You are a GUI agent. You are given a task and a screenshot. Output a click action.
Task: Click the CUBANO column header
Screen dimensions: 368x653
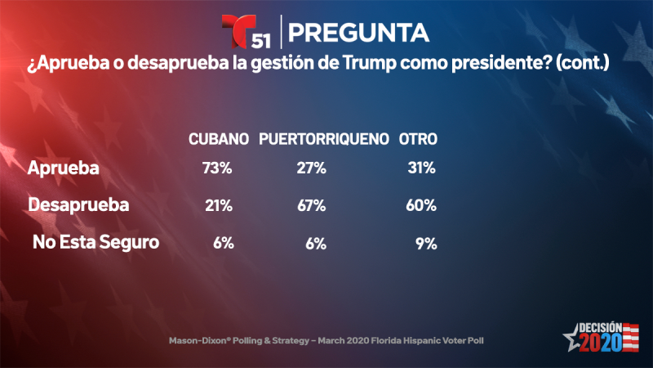coord(218,140)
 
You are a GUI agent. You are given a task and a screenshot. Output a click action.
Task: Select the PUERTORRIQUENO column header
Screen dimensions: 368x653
coord(323,140)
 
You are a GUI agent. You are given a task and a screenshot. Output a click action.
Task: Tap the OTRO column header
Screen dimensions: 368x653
coord(417,140)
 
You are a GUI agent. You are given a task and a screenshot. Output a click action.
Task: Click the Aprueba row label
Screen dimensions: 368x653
coord(63,168)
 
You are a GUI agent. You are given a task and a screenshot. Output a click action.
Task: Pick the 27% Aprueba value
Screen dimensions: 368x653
coord(311,168)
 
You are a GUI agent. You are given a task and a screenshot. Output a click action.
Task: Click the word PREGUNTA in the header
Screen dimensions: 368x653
coord(359,32)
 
